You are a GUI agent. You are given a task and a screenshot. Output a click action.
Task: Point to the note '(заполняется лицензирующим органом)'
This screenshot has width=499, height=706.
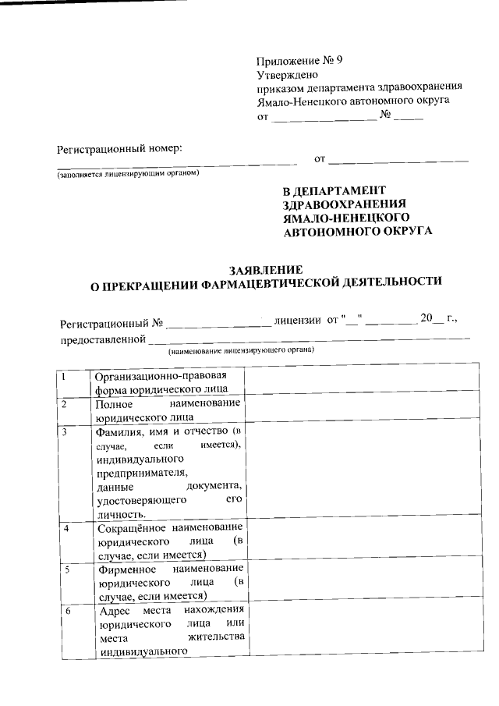[x=128, y=173]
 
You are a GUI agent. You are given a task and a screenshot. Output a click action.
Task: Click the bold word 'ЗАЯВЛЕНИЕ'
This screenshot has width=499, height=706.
[x=265, y=268]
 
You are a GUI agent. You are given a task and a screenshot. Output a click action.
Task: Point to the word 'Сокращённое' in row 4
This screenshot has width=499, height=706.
[x=130, y=527]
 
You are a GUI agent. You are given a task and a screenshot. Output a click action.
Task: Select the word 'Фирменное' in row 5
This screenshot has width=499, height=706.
[x=126, y=569]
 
